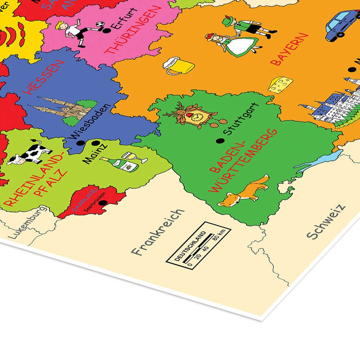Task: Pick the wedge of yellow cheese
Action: pos(280,85)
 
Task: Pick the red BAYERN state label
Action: pos(290,49)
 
